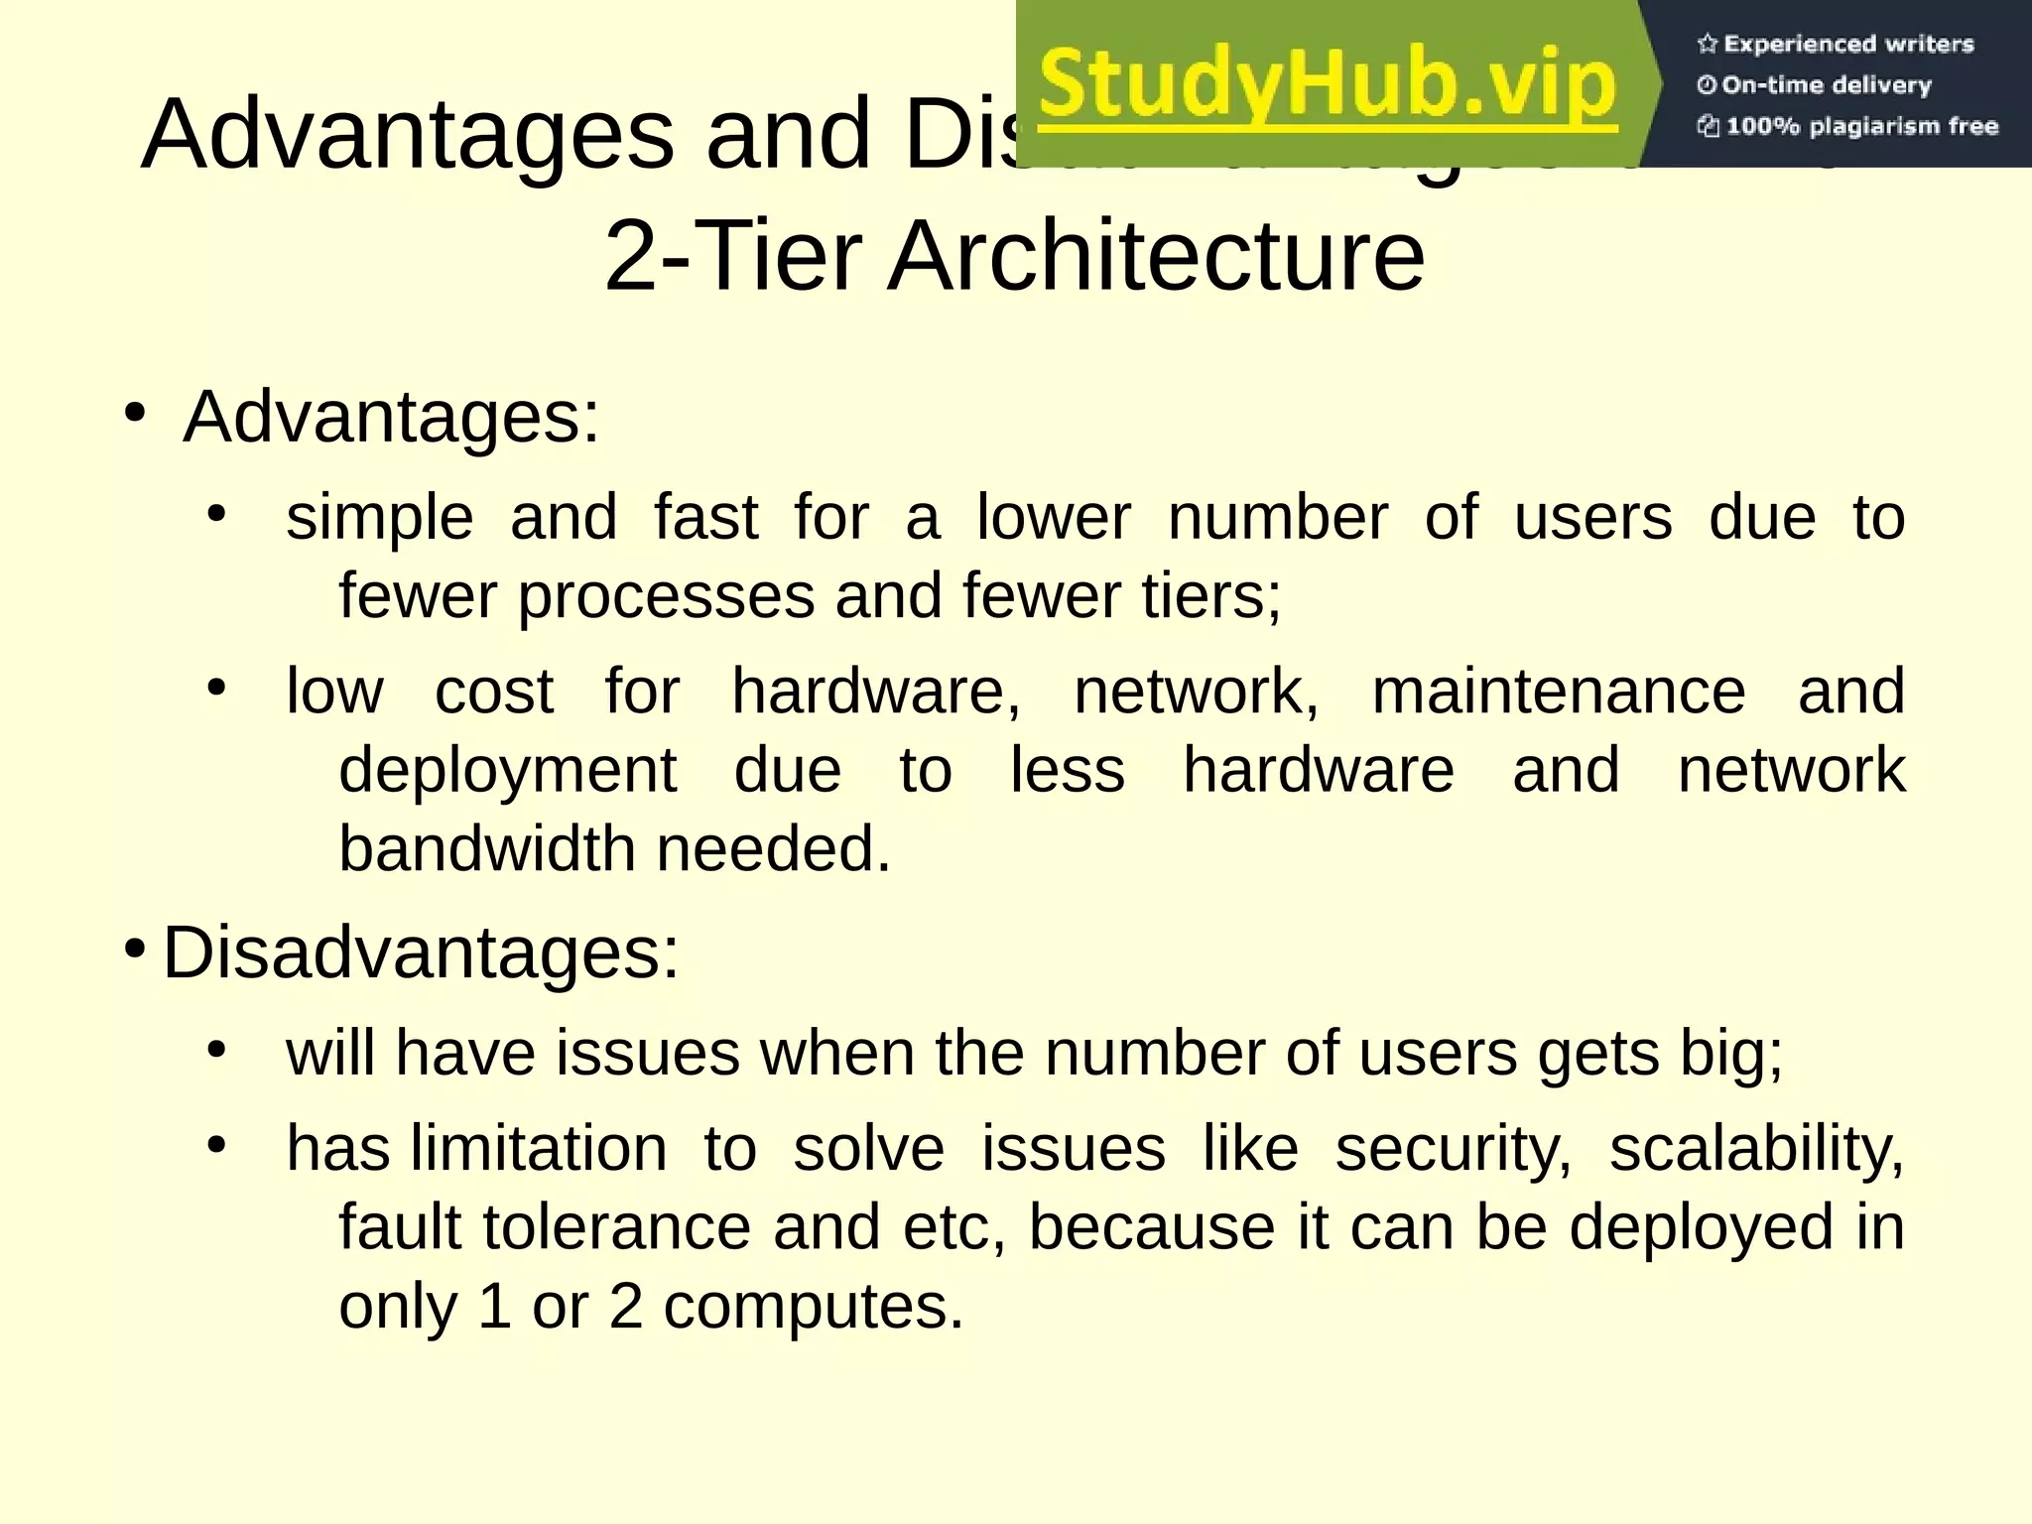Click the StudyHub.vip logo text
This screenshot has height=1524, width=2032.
coord(1328,87)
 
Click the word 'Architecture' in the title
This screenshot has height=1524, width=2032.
coord(1155,256)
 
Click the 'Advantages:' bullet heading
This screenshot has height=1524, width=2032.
coord(392,418)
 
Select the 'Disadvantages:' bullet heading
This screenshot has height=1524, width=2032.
coord(421,953)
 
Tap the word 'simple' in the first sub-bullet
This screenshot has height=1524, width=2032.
coord(380,519)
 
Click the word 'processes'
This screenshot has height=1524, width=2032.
coord(665,597)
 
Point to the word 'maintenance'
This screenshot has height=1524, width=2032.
coord(1558,692)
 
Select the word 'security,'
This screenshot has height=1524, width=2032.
coord(1454,1150)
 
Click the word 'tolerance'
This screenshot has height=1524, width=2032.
coord(617,1227)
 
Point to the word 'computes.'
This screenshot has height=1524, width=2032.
coord(814,1307)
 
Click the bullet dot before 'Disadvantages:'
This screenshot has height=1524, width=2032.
coord(135,947)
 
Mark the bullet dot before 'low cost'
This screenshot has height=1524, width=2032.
coord(217,687)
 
